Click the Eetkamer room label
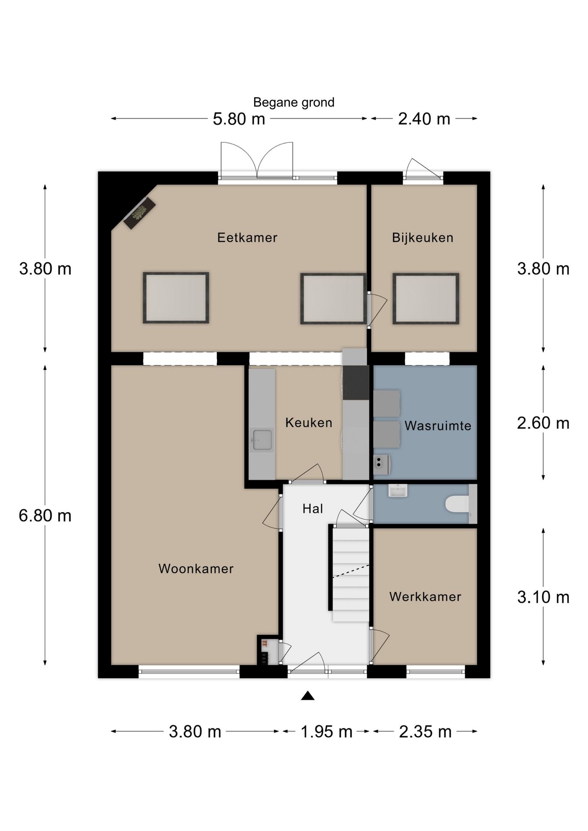tap(247, 238)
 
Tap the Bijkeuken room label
tap(423, 238)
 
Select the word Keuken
tap(309, 423)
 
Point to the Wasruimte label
tap(438, 426)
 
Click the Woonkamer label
tap(196, 569)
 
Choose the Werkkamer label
tap(425, 597)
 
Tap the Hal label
tap(313, 509)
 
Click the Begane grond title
tap(294, 103)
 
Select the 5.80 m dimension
tap(239, 119)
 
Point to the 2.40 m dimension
tap(424, 119)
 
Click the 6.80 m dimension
tap(45, 515)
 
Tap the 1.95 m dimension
tap(326, 731)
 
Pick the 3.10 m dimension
tap(543, 597)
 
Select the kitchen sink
tap(262, 440)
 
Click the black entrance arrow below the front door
tap(307, 696)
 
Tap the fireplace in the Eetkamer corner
tap(139, 213)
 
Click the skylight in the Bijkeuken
tap(426, 299)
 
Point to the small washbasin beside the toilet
tap(397, 491)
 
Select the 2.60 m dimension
tap(543, 423)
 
